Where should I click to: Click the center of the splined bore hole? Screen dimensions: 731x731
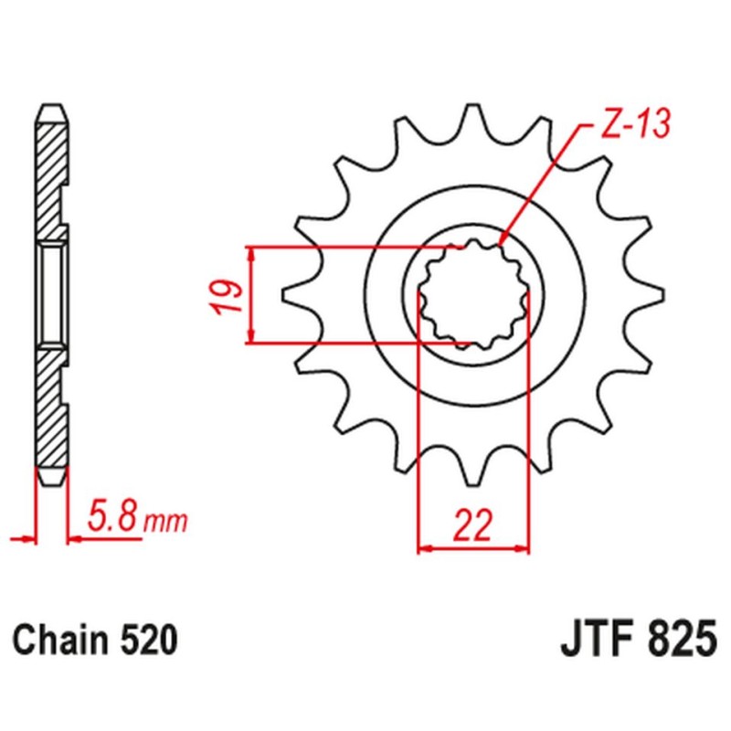[x=473, y=295]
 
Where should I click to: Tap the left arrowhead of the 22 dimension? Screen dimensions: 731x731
[x=421, y=549]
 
